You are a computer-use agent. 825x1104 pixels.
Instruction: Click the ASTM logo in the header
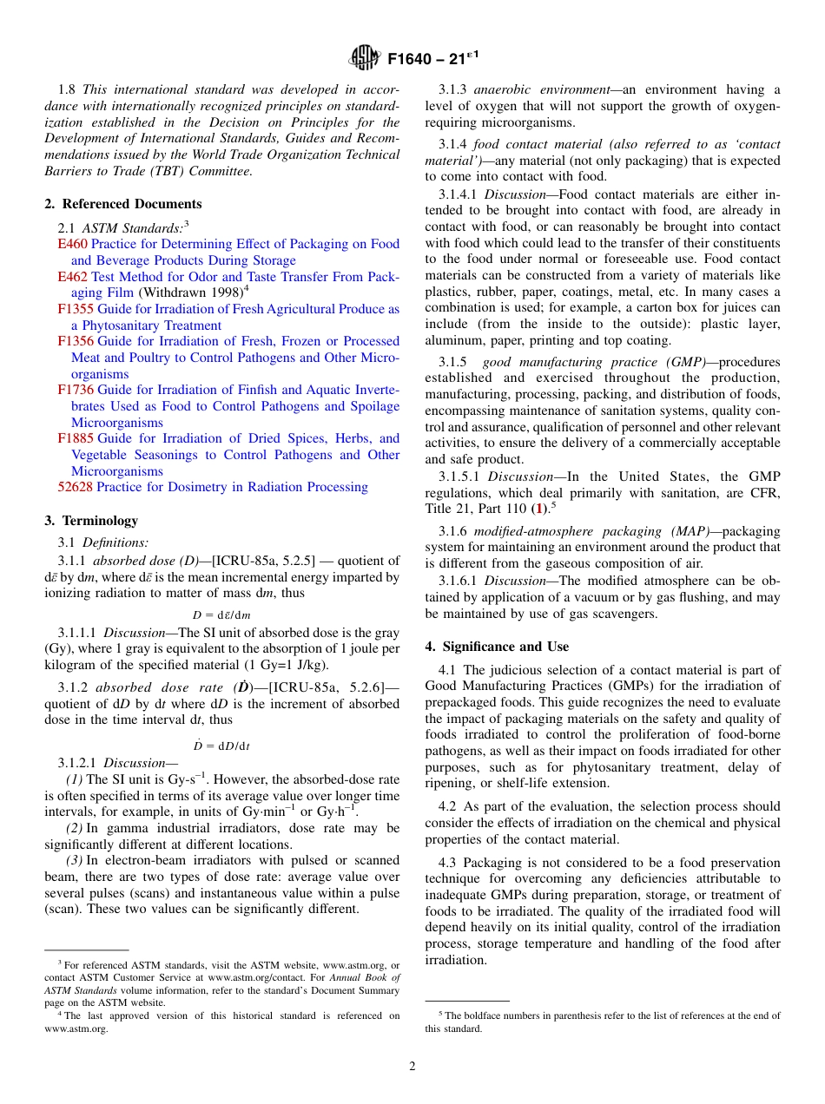coord(364,58)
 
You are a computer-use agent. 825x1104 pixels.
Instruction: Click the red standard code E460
coord(72,244)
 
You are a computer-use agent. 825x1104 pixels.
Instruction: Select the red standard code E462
coord(72,277)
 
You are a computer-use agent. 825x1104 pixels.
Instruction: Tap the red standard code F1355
coord(76,309)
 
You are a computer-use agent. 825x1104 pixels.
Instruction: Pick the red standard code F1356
coord(76,341)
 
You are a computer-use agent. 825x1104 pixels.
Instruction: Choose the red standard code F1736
coord(76,390)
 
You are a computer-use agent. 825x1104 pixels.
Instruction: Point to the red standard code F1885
coord(76,438)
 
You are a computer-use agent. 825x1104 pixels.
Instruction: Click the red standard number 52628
coord(75,487)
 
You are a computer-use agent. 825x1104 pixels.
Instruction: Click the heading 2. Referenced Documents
coord(122,204)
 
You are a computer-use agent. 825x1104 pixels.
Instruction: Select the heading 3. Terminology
coord(90,521)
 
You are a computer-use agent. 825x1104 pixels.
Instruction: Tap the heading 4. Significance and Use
coord(497,646)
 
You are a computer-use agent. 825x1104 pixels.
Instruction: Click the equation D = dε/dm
coord(221,615)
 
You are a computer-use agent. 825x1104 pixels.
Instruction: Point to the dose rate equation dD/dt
coord(221,746)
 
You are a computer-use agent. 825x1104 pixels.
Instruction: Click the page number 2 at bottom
coord(412,1067)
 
